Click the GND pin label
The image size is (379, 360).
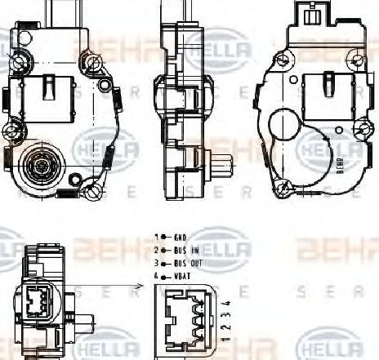(180, 237)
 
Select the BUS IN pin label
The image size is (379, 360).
(185, 250)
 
